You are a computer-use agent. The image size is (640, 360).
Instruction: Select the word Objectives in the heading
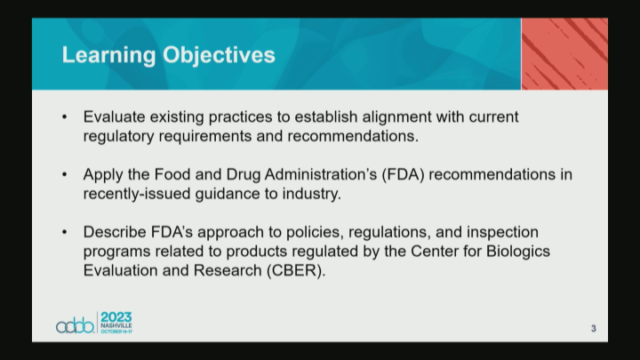coord(219,55)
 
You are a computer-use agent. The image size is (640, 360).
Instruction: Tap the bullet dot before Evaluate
coord(65,117)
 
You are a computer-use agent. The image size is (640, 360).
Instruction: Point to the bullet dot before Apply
coord(65,174)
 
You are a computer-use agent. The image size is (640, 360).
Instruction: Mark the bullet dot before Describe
coord(65,232)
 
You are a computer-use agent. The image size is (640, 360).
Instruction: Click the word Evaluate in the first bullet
coord(116,117)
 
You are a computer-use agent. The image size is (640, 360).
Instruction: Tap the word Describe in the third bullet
coord(116,232)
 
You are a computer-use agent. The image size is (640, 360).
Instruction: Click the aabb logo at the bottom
coord(75,325)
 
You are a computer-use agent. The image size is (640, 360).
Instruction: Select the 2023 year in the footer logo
coord(116,317)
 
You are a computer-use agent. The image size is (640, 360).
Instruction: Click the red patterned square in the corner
coord(564,53)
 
